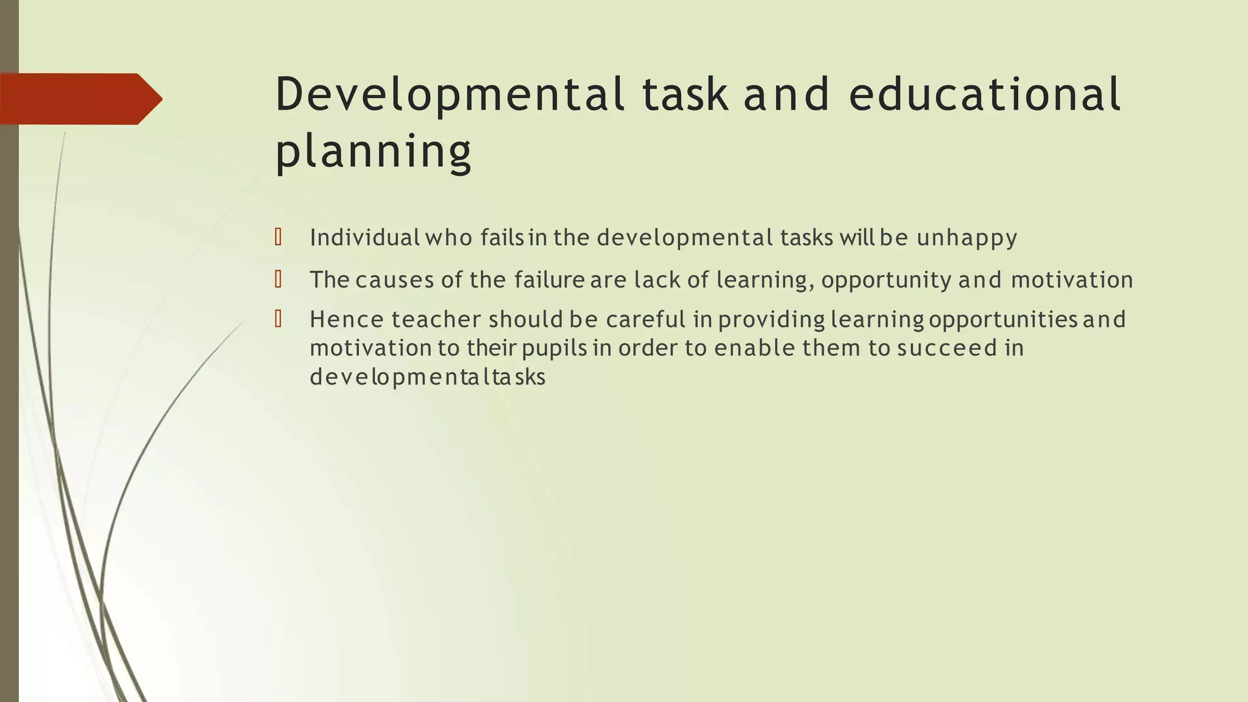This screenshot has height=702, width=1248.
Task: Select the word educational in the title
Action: (984, 95)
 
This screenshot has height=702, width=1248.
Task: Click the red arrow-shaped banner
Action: (79, 99)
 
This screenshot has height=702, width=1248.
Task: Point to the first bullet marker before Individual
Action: (278, 237)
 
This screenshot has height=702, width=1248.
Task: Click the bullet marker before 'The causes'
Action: (278, 280)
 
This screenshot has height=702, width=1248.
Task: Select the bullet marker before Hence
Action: (278, 319)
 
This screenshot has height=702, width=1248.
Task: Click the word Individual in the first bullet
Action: (364, 237)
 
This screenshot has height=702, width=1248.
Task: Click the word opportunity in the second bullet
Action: (886, 280)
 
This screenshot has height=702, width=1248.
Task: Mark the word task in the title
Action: (685, 95)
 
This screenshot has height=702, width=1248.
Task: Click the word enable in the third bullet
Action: (754, 348)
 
